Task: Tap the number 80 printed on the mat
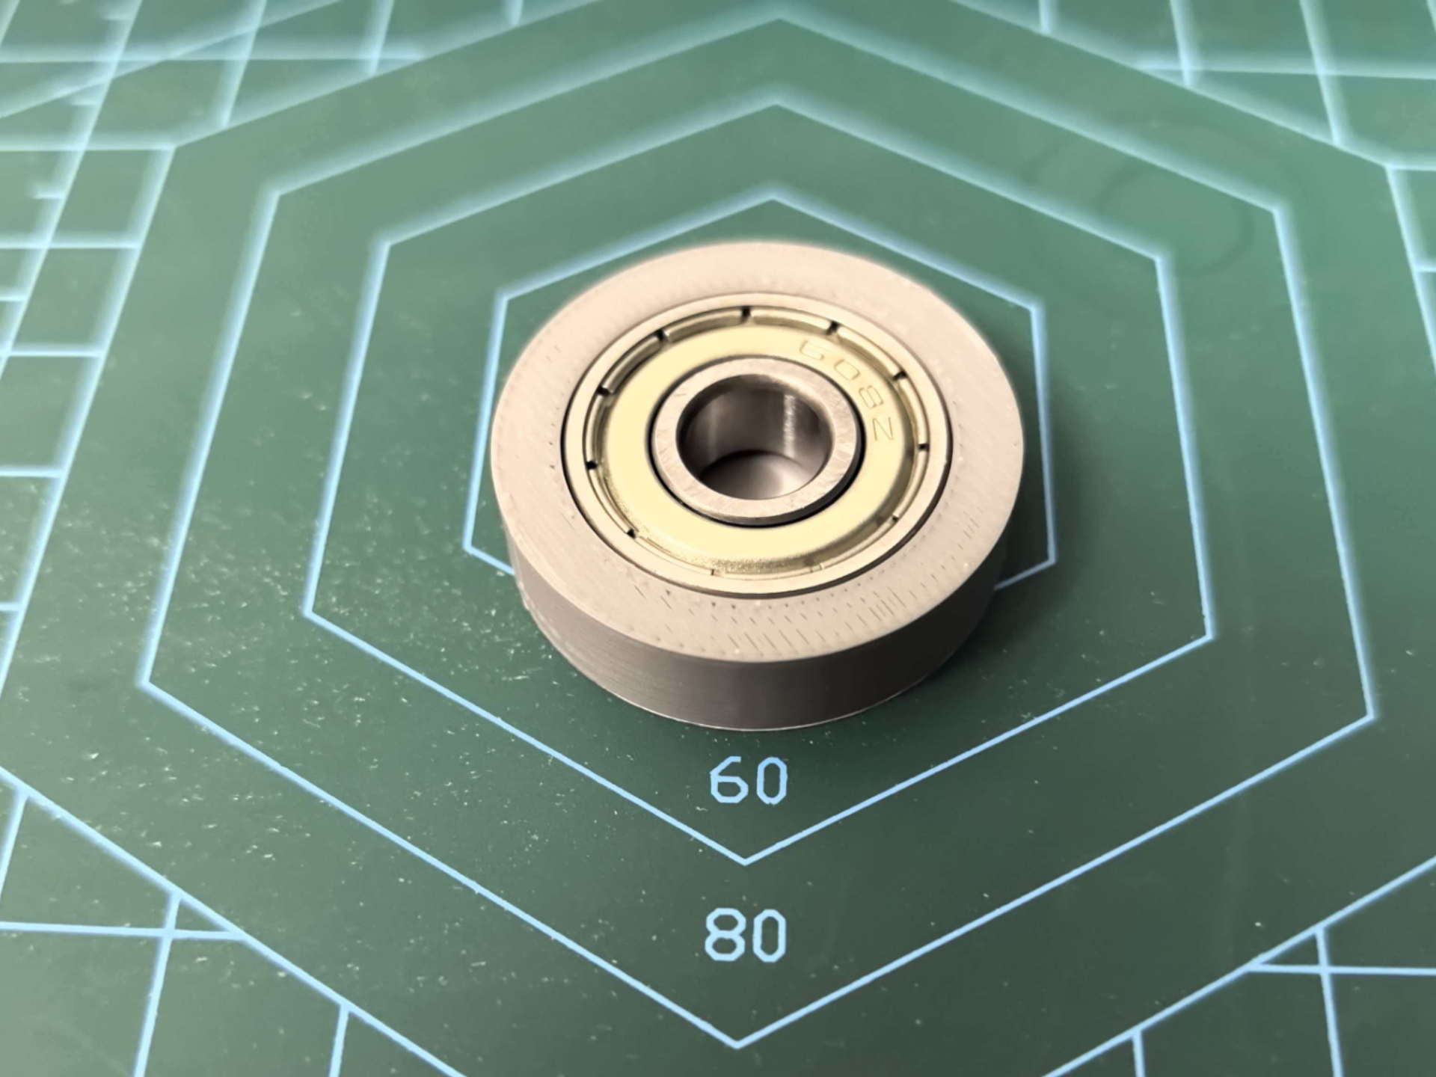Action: [746, 935]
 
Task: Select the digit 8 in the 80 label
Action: [723, 935]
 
